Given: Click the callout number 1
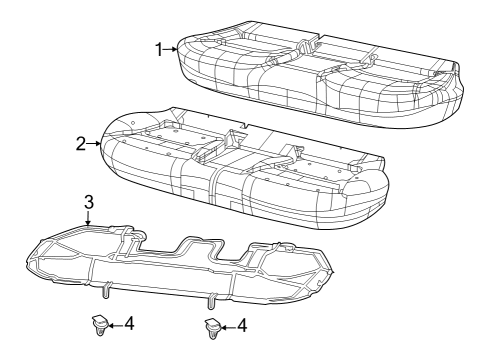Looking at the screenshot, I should coord(159,47).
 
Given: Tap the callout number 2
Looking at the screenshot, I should coord(82,143).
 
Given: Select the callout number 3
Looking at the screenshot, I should coord(88,203).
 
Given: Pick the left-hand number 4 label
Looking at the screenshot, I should coord(131,325).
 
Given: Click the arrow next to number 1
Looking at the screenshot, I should coord(171,47).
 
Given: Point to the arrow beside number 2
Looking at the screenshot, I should coord(95,144).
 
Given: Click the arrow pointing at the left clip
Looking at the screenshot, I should coord(115,325).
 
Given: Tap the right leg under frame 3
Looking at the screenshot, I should coord(211,301).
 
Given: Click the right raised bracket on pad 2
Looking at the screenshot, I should coord(297,151).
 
